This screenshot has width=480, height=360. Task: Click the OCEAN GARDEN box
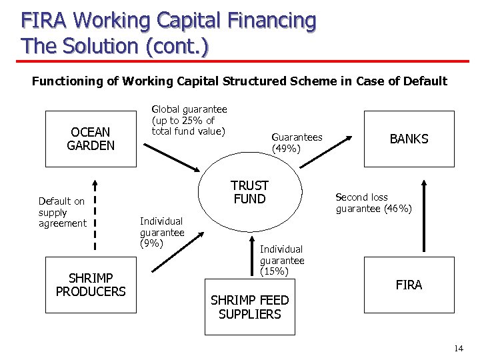[91, 139]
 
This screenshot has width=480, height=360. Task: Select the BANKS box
[409, 139]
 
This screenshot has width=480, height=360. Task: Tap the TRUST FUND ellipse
[249, 193]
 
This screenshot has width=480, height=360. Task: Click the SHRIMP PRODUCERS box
[91, 285]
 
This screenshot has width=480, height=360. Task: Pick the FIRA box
[409, 285]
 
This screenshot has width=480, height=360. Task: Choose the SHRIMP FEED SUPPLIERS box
[249, 307]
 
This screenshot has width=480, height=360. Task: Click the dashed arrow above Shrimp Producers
[95, 213]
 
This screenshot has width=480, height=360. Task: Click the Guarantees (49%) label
[297, 143]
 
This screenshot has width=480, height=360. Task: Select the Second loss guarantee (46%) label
[373, 203]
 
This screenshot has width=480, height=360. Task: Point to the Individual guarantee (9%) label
[162, 232]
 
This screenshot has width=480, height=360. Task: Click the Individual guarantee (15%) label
[282, 260]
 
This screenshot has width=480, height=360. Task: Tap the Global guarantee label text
[189, 120]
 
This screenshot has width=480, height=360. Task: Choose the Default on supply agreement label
[62, 212]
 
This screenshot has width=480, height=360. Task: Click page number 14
[458, 349]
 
